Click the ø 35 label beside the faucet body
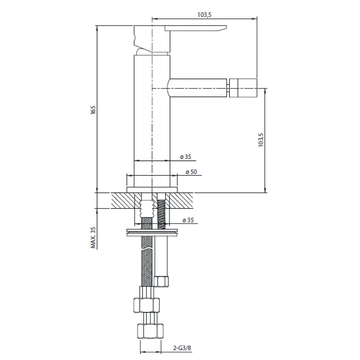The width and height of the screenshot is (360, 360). pos(185,156)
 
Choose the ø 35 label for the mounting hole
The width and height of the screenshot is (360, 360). pos(188,220)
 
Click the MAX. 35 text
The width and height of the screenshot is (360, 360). pos(93,238)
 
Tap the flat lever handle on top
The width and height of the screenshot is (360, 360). pos(195,28)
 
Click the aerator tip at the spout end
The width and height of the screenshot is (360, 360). pos(243,88)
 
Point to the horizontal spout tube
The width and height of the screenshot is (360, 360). pos(198,88)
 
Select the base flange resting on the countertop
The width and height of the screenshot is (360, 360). pos(152,190)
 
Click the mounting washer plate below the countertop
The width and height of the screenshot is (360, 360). pos(152,232)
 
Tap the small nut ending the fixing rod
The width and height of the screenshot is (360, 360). pos(161,282)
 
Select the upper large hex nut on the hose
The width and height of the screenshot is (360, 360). pos(146,305)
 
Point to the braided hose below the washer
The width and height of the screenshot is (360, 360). pos(146,261)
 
